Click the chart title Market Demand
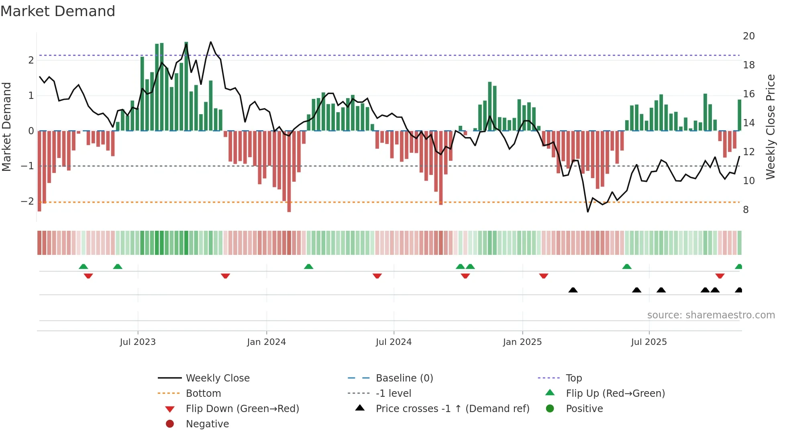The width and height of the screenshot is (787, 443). click(58, 11)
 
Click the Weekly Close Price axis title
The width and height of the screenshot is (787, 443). click(770, 127)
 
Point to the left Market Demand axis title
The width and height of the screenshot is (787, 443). click(6, 127)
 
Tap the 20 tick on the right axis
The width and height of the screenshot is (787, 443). click(748, 36)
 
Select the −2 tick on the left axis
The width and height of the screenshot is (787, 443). click(27, 201)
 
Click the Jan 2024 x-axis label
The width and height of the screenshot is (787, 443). click(266, 342)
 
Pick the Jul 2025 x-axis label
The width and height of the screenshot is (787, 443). click(648, 342)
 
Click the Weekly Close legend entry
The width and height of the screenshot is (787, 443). click(217, 378)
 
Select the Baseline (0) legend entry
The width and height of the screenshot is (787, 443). click(404, 378)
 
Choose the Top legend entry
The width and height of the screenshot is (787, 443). click(573, 378)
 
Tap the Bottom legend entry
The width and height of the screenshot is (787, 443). click(203, 394)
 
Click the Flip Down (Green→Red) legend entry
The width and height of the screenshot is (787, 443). click(242, 409)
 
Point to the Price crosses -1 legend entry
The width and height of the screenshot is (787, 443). click(452, 409)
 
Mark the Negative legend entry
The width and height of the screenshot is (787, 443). click(207, 424)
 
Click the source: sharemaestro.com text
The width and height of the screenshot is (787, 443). click(711, 315)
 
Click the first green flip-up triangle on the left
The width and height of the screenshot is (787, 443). click(83, 267)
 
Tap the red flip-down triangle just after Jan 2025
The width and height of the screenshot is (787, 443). click(544, 276)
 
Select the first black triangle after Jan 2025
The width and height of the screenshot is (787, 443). click(573, 290)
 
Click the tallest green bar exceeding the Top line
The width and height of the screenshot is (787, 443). click(186, 86)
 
